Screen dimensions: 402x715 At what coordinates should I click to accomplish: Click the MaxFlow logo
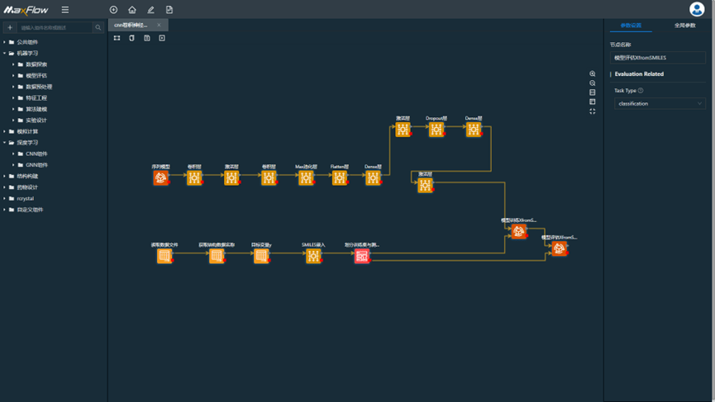tap(26, 10)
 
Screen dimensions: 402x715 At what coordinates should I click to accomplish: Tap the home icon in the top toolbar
tap(132, 10)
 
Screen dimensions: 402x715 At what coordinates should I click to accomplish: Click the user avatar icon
tap(697, 9)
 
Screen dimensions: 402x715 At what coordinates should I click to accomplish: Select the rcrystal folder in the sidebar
tap(26, 198)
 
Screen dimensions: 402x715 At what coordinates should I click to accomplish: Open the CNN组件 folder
tap(36, 154)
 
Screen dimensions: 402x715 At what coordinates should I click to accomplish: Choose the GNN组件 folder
tap(36, 165)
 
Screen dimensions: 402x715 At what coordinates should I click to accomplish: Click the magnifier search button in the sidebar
tap(98, 27)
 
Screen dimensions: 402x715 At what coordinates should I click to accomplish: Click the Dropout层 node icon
tap(436, 130)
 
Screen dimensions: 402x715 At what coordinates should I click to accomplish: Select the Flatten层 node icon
tap(340, 177)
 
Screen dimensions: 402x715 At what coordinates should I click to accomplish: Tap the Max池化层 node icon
tap(306, 177)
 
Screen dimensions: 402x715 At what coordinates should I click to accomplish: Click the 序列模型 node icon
tap(161, 177)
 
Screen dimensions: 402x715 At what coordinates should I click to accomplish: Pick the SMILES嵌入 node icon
tap(313, 256)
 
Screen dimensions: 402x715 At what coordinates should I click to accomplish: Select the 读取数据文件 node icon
tap(164, 256)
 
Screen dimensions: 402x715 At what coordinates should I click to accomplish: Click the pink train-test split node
tap(362, 256)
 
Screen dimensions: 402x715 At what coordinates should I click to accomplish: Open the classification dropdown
tap(659, 104)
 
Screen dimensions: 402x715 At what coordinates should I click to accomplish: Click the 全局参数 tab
tap(684, 26)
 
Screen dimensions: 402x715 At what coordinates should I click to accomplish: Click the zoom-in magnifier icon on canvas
tap(593, 74)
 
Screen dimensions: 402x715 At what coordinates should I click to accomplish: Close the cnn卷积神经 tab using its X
tap(159, 25)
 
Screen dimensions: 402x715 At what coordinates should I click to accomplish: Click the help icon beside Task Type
tap(641, 91)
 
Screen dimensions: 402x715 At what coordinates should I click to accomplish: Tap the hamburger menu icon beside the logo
tap(65, 10)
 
